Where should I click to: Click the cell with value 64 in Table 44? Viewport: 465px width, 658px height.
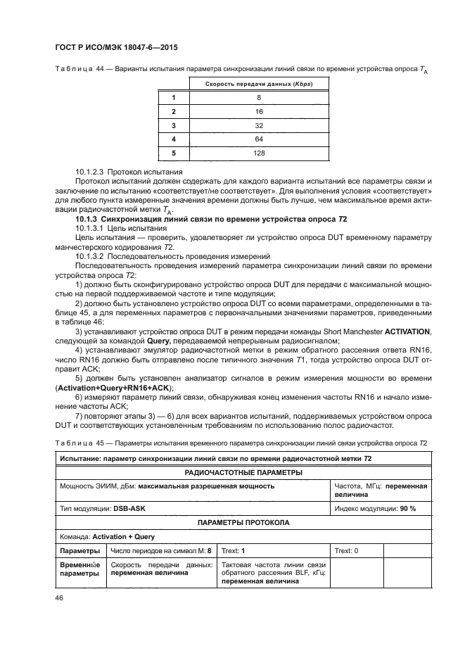258,138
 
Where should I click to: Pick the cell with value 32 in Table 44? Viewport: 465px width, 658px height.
258,125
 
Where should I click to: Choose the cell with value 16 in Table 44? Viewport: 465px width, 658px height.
258,111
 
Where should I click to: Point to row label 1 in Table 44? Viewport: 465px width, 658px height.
172,98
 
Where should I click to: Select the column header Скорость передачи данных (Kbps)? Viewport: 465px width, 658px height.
258,84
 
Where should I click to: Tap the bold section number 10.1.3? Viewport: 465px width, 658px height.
88,220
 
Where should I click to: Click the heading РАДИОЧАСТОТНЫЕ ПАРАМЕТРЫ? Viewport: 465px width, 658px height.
243,473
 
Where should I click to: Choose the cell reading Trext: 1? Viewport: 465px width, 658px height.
234,551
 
